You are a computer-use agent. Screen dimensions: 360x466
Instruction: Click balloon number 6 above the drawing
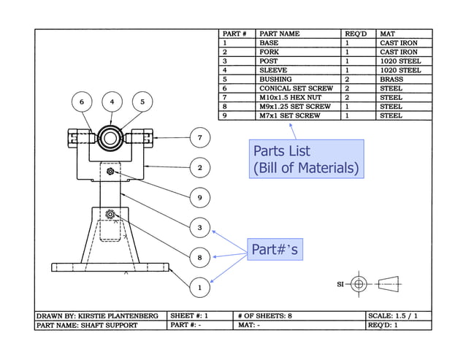click(x=82, y=101)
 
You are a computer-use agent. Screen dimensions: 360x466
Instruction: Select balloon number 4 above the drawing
click(x=112, y=101)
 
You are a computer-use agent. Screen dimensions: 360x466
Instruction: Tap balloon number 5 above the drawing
click(x=142, y=101)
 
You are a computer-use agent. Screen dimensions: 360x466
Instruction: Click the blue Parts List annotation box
click(x=306, y=159)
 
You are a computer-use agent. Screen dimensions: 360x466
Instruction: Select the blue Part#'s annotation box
click(x=274, y=250)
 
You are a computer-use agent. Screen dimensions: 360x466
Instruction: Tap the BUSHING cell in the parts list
click(x=275, y=80)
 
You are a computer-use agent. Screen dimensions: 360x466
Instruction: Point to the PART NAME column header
click(x=280, y=34)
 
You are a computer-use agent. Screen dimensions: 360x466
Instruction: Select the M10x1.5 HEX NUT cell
click(x=291, y=97)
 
